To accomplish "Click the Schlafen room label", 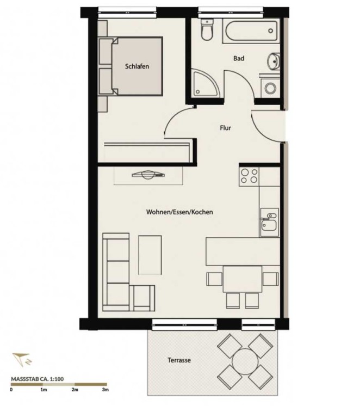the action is point(137,66).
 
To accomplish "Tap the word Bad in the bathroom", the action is point(239,58).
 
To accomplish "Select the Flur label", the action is point(225,128).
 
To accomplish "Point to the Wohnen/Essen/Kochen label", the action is point(179,212).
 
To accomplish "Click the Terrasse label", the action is point(179,360).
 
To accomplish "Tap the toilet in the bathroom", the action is point(206,29).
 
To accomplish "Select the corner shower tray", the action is point(205,83).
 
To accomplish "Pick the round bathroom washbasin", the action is point(274,62).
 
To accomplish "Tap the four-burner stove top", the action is point(249,176).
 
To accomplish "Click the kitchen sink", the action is point(269,223).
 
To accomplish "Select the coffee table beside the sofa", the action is point(150,255).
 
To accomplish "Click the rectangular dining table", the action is point(243,279).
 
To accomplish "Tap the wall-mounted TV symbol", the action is point(148,175).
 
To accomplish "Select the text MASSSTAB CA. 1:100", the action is point(38,379).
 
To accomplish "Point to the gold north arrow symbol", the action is point(22,359).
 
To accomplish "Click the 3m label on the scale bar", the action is point(105,390).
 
